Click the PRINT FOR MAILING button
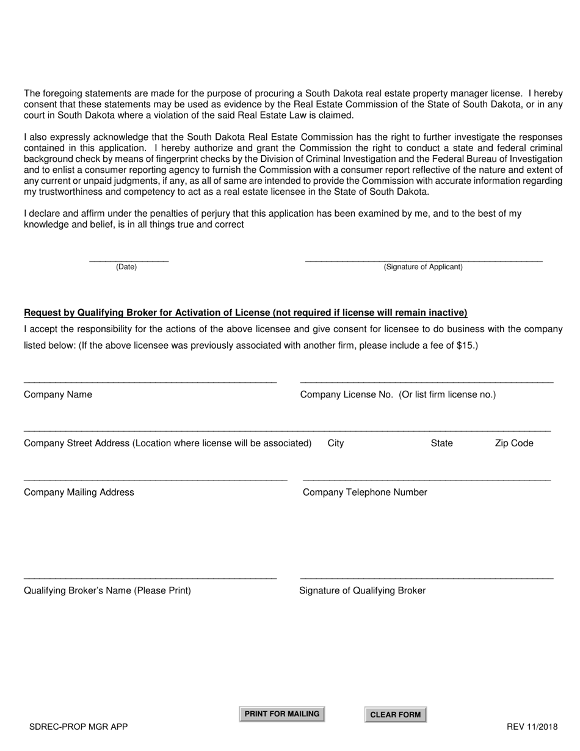click(281, 714)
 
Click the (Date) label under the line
click(126, 267)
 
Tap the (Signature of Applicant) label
click(423, 267)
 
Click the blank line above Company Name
click(150, 382)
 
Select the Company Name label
click(58, 394)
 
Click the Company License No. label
click(398, 394)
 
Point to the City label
click(336, 443)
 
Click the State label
click(441, 443)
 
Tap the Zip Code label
click(514, 443)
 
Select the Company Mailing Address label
click(79, 493)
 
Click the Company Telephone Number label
click(365, 493)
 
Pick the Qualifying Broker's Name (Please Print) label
click(107, 590)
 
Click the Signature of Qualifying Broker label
click(363, 590)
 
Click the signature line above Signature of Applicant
click(423, 261)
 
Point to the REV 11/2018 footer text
click(532, 727)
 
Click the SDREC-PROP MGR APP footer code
click(79, 727)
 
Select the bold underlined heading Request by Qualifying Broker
click(245, 313)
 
